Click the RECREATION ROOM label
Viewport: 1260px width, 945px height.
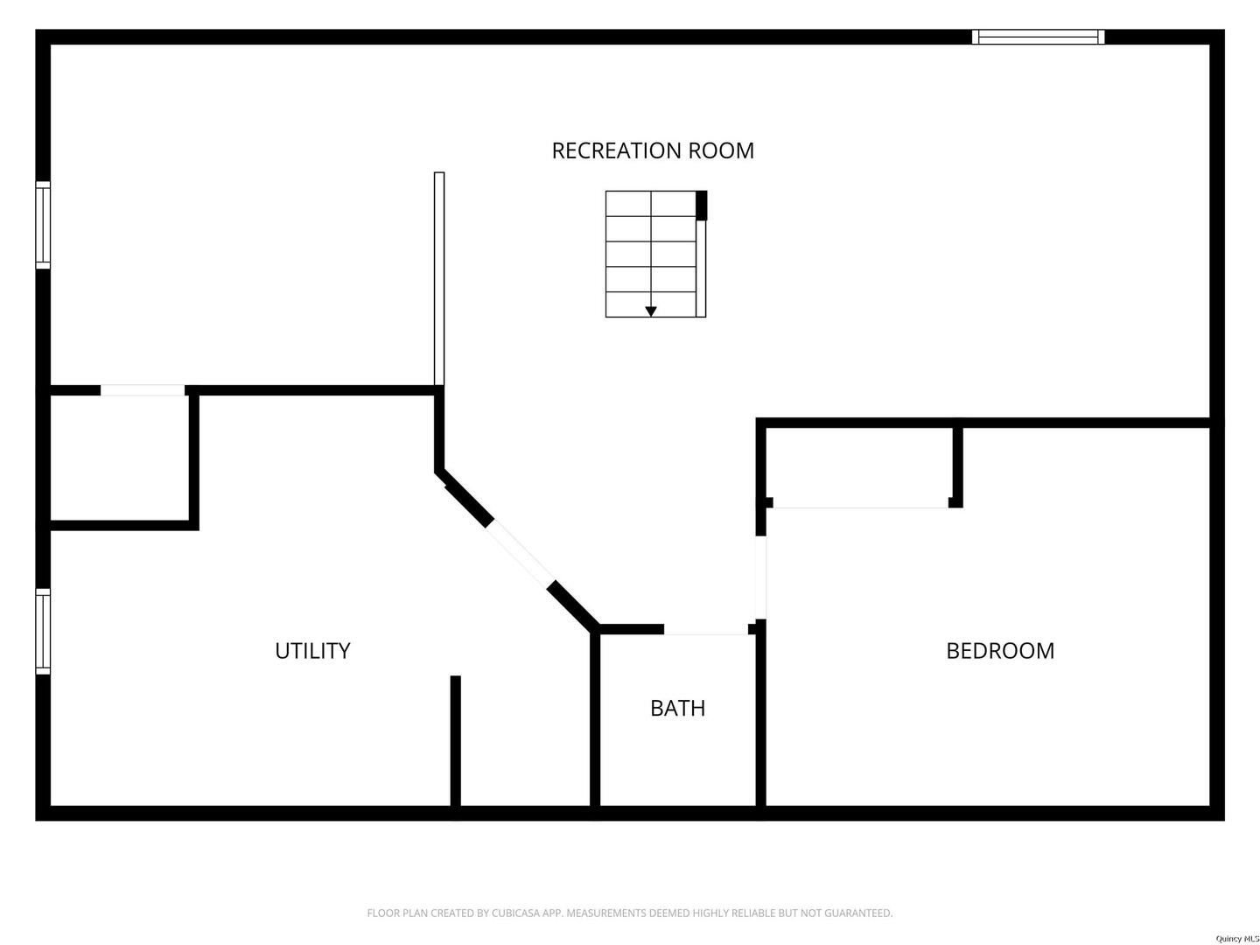coord(653,150)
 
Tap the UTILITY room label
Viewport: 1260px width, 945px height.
coord(312,651)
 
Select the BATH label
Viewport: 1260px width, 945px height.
coord(677,708)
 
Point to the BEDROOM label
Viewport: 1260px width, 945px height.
coord(1000,651)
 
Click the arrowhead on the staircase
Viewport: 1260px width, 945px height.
coord(651,311)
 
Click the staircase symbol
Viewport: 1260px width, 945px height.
coord(654,254)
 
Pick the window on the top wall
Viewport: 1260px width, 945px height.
coord(1038,37)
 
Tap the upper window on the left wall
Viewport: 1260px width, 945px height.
coord(43,224)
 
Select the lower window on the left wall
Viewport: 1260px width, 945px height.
coord(43,631)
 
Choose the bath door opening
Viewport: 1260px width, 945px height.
coord(706,629)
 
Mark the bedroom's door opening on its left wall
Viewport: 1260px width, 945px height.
coord(761,577)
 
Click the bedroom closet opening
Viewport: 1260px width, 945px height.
coord(861,505)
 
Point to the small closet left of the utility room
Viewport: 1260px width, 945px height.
coord(119,458)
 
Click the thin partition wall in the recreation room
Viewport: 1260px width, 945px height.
coord(439,278)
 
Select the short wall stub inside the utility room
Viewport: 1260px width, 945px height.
coord(455,739)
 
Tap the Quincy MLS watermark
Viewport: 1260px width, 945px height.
coord(1234,939)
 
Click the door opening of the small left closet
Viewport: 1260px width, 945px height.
coord(143,390)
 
